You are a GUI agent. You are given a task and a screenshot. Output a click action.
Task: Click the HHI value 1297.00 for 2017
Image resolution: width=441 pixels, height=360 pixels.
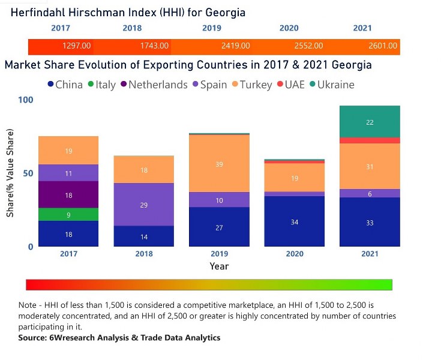click(x=76, y=46)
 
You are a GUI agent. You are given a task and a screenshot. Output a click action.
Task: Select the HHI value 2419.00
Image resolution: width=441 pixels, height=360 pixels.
click(x=235, y=46)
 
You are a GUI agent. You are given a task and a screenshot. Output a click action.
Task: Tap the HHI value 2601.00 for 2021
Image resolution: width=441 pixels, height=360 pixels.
click(x=382, y=46)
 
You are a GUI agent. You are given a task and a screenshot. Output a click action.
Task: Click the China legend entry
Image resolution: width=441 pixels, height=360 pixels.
click(x=65, y=85)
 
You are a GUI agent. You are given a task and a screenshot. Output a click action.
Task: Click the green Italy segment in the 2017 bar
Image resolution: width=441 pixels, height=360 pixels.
click(x=68, y=214)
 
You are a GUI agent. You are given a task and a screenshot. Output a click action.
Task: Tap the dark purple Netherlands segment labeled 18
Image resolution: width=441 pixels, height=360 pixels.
click(x=68, y=194)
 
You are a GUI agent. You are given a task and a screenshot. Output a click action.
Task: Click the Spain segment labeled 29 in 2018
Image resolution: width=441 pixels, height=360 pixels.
click(x=143, y=205)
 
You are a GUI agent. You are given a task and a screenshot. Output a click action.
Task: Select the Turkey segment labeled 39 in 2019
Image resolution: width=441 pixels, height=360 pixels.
click(x=219, y=164)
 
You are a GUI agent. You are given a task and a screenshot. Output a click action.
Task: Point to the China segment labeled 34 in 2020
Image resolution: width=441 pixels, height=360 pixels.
click(x=294, y=221)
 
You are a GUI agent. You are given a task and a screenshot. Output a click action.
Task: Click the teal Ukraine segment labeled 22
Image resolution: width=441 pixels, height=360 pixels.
click(x=370, y=122)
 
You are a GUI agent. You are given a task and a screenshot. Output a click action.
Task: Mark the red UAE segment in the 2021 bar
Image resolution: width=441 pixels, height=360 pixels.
click(x=370, y=140)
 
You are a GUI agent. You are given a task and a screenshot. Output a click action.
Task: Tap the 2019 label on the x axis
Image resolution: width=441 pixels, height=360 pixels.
click(x=219, y=254)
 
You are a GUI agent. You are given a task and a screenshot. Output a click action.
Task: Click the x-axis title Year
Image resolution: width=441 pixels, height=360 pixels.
click(x=219, y=266)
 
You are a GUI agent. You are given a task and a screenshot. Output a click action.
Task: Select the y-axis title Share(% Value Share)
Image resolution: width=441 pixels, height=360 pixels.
click(x=10, y=173)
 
